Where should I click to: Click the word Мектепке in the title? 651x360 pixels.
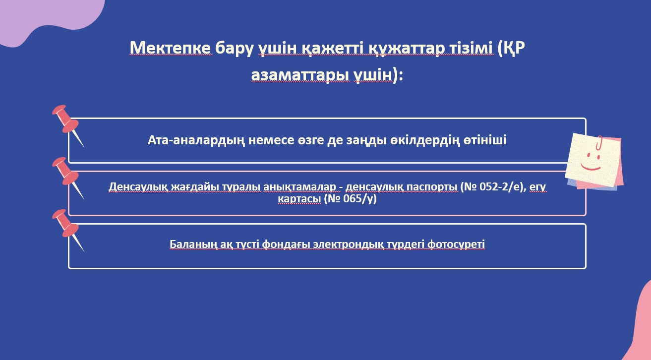coord(171,48)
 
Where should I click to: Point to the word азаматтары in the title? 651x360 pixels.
coord(300,75)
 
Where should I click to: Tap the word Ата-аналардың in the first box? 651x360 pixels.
coord(196,140)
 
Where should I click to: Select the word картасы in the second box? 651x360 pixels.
coord(299,199)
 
